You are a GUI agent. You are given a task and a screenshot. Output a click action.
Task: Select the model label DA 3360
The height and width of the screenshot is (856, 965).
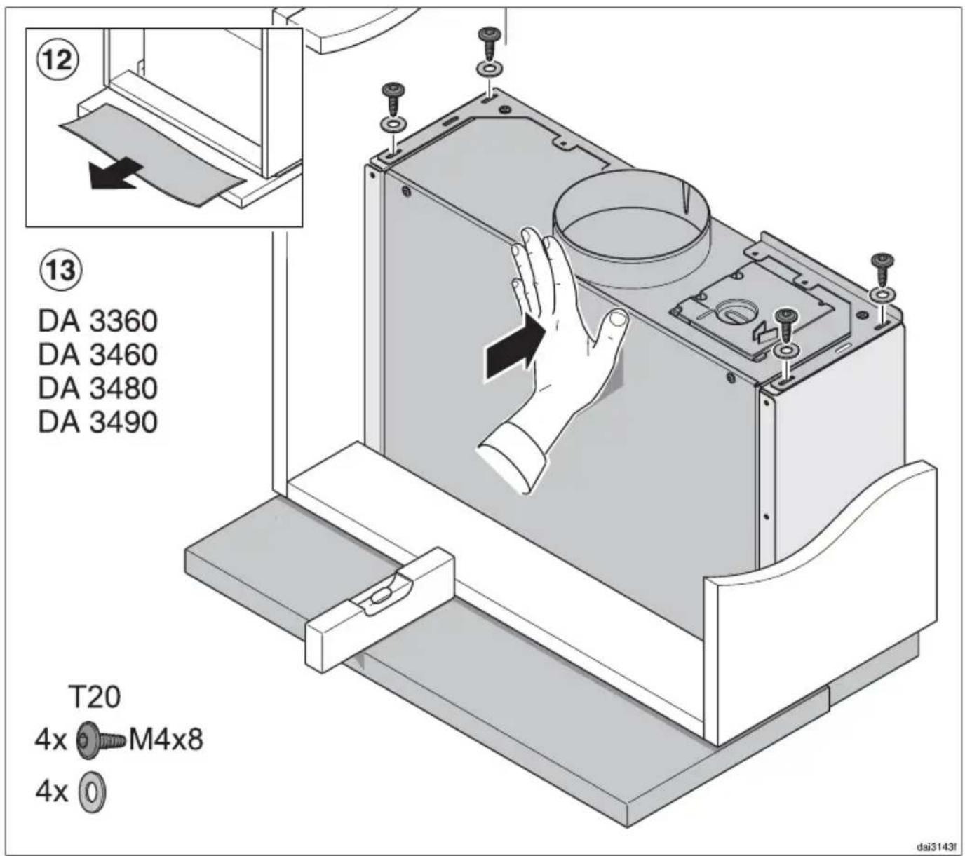98,321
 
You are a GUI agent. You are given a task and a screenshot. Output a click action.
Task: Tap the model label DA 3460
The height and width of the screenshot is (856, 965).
98,355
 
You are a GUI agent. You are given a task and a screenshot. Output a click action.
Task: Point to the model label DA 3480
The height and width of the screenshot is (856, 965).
98,388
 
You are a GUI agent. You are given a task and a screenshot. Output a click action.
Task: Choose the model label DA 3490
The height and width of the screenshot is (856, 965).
98,422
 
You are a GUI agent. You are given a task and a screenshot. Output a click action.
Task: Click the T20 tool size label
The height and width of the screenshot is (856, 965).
95,698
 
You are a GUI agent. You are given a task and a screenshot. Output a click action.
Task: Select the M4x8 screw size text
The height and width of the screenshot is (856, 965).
166,740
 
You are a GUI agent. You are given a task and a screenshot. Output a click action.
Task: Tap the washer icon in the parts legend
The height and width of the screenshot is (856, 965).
93,792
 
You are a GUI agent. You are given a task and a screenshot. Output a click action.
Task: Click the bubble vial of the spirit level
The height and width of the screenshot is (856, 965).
379,597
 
